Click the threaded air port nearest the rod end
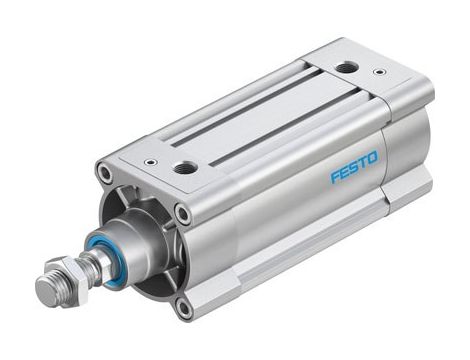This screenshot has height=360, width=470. [x=184, y=168]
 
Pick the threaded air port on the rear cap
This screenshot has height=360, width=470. [x=346, y=68]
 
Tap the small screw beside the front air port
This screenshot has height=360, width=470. [x=149, y=160]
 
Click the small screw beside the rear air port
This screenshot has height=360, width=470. [x=379, y=72]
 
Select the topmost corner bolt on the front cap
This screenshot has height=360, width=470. [x=105, y=174]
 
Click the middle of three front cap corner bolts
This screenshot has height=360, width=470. [x=182, y=212]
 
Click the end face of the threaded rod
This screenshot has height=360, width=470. [x=43, y=293]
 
